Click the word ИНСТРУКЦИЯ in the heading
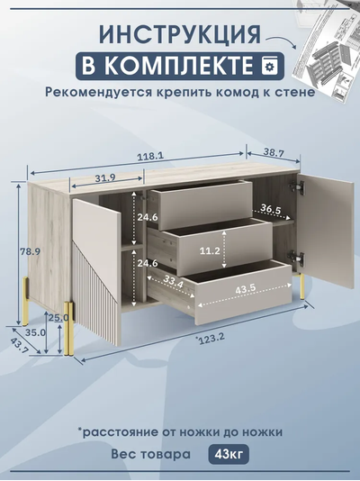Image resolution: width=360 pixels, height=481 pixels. click(180, 34)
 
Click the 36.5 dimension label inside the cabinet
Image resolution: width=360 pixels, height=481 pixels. click(270, 209)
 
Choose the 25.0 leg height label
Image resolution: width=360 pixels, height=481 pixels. click(58, 318)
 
